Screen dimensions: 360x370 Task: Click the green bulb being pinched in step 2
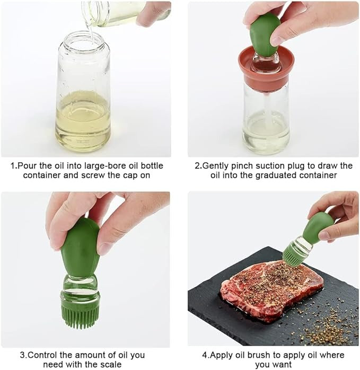pos(265,32)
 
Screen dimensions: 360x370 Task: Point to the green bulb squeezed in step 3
pos(80,248)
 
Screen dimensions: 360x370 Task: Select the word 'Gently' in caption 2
pos(216,166)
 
